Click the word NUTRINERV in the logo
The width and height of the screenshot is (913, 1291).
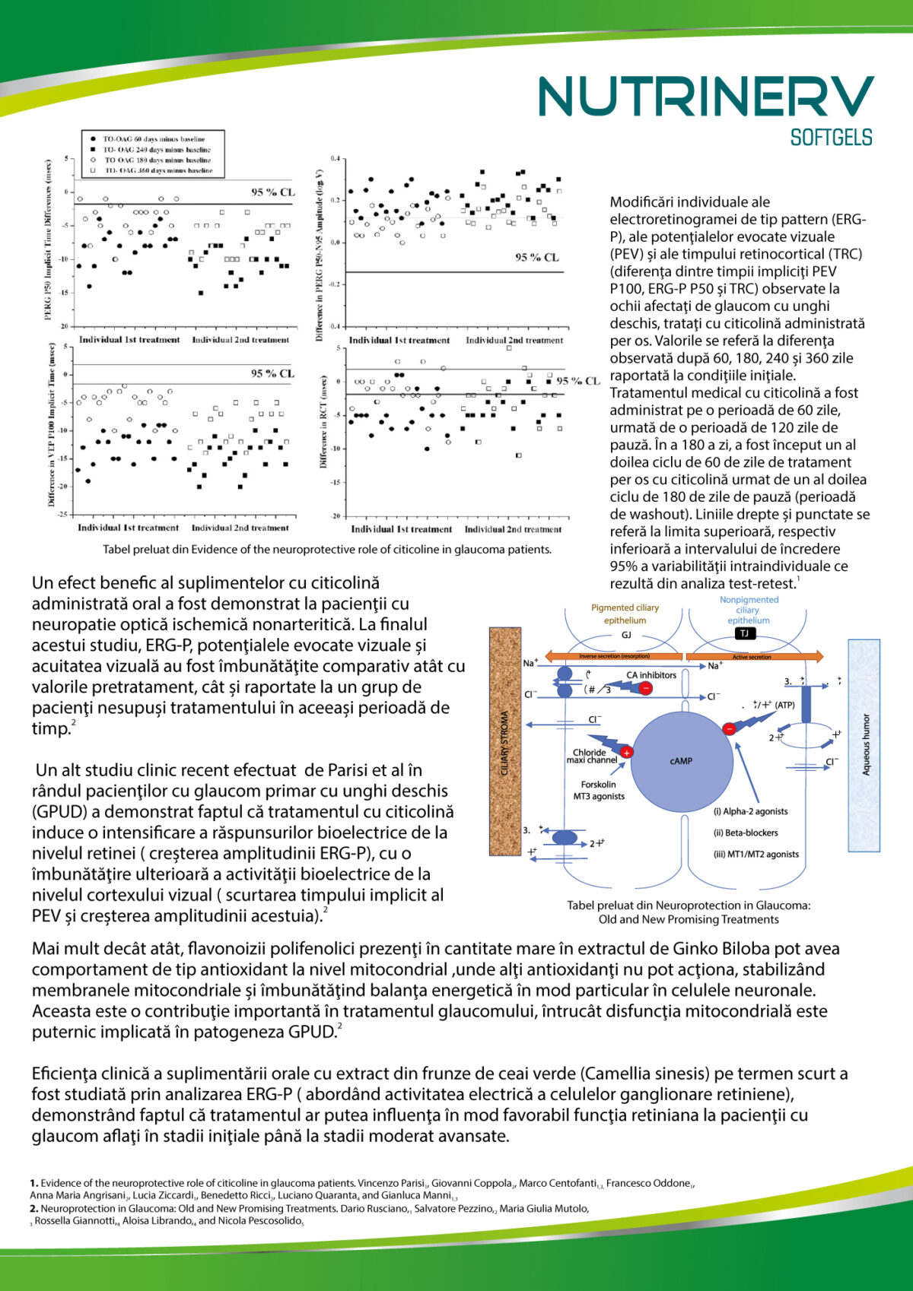click(x=706, y=97)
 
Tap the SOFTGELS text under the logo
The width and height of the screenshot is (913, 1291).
click(x=831, y=138)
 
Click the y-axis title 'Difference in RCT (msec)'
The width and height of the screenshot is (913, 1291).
click(x=323, y=422)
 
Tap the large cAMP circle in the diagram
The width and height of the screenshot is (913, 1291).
click(x=681, y=761)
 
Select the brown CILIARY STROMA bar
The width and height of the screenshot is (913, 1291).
click(x=504, y=741)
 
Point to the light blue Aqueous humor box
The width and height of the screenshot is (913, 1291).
click(x=864, y=744)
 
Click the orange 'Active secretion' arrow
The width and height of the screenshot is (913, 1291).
click(x=754, y=656)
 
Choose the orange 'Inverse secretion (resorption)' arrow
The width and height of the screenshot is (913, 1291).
click(x=613, y=656)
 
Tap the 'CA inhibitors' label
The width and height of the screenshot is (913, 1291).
click(x=651, y=675)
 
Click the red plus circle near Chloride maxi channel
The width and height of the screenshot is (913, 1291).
click(x=627, y=753)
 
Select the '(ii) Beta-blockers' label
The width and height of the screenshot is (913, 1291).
click(x=746, y=833)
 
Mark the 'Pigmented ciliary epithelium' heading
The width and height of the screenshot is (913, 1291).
click(x=625, y=614)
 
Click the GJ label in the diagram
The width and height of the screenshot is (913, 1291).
click(x=626, y=635)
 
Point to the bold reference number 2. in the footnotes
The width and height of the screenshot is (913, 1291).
click(x=34, y=1208)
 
